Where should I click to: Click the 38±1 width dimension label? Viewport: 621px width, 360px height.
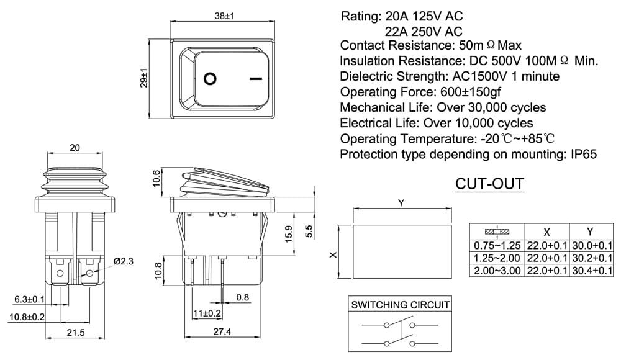tap(224, 16)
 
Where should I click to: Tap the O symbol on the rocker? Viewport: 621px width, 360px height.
tap(210, 79)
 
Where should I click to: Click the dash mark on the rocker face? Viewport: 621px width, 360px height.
tap(256, 79)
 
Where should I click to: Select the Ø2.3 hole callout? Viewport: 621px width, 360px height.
tap(124, 261)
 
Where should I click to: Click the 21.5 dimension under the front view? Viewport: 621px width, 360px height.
tap(75, 332)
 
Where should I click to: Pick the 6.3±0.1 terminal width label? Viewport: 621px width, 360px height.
tap(30, 299)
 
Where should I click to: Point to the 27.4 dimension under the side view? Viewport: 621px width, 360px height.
tap(222, 331)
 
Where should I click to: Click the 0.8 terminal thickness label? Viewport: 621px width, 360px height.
tap(242, 297)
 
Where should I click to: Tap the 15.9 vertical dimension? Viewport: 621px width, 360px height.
tap(289, 233)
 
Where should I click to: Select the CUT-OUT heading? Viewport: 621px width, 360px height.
tap(489, 184)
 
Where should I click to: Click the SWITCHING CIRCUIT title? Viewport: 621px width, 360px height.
tap(400, 305)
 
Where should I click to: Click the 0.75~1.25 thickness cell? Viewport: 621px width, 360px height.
tap(497, 246)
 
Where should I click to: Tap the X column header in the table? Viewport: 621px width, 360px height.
tap(546, 232)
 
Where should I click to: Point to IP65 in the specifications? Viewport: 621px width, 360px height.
tap(583, 154)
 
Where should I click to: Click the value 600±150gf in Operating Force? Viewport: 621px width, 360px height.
tap(471, 92)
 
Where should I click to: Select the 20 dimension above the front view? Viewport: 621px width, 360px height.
tap(75, 148)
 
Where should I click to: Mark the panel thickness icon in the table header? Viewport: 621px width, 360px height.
tap(497, 232)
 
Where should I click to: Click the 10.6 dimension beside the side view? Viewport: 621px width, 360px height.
tap(156, 178)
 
